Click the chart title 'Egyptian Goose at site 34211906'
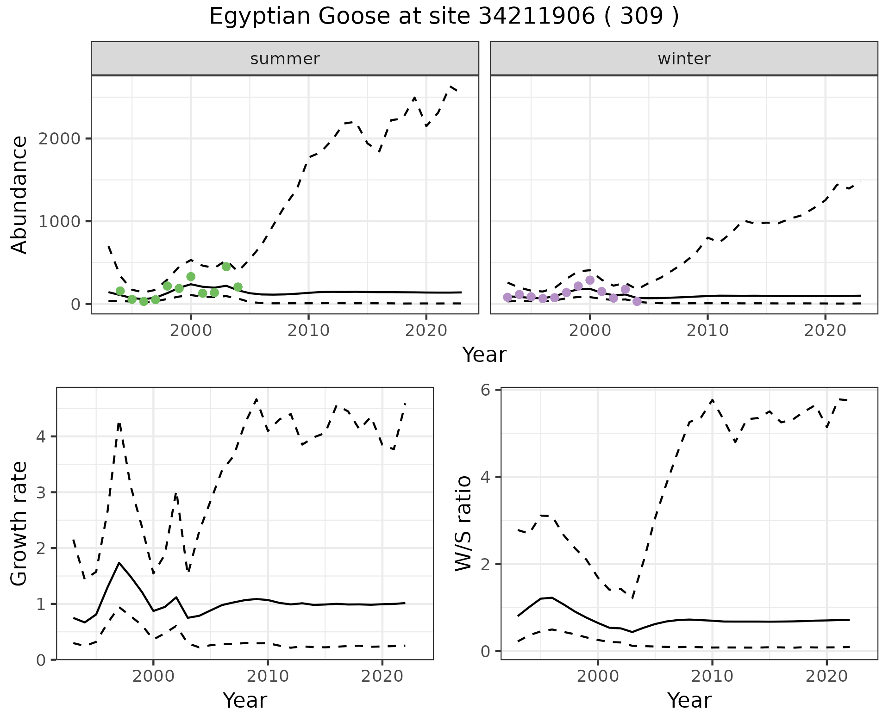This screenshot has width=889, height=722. click(x=444, y=17)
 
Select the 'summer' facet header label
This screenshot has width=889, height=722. click(x=285, y=59)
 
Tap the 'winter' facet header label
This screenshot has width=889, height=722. click(x=684, y=59)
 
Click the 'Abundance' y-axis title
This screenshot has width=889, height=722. click(x=19, y=195)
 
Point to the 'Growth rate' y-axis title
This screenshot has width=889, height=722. click(x=19, y=524)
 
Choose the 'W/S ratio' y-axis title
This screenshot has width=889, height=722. click(x=463, y=523)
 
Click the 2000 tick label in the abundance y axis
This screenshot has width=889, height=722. click(x=59, y=138)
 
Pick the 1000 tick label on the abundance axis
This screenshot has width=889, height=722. click(x=59, y=221)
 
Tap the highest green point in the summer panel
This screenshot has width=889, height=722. click(x=226, y=267)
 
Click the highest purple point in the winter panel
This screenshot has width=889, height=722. click(x=590, y=280)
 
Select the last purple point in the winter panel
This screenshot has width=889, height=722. click(x=637, y=301)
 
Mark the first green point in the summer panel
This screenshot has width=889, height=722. click(x=120, y=291)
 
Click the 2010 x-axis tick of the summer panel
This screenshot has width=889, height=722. click(x=308, y=330)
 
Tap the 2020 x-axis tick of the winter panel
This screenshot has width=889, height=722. click(x=825, y=330)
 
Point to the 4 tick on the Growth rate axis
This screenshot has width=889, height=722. click(x=41, y=436)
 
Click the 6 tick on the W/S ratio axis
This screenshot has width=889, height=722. click(x=485, y=390)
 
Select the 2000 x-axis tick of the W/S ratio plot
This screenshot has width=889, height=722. click(x=597, y=676)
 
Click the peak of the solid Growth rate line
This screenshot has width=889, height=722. click(x=119, y=563)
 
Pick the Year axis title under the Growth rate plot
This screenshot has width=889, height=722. click(x=245, y=700)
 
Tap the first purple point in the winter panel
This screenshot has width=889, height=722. click(x=507, y=297)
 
